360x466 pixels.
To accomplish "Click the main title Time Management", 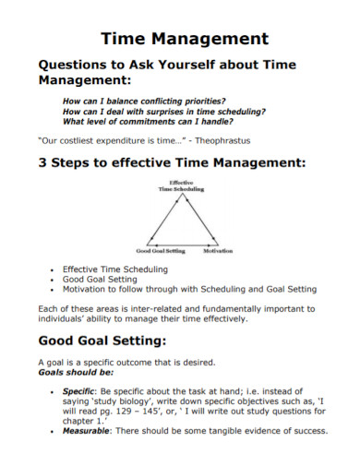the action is (x=184, y=39).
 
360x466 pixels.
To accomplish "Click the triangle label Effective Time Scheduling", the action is (x=180, y=186).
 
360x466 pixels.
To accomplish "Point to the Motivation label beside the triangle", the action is (x=218, y=250).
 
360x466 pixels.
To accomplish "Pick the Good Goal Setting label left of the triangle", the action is (x=161, y=250).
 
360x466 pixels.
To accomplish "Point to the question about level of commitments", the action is (x=146, y=120).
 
